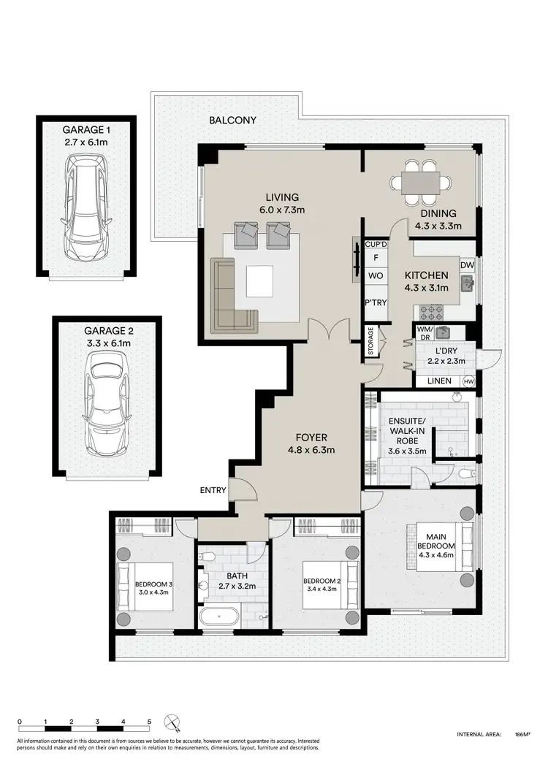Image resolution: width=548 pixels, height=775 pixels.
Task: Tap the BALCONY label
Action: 232,121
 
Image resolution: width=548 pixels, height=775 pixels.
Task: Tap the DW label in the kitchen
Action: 467,266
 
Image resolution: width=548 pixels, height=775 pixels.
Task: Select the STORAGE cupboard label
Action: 372,340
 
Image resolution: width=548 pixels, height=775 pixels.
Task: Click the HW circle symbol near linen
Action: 468,381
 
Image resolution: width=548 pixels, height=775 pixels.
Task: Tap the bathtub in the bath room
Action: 218,616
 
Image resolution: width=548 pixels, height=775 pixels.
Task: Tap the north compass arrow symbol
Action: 172,723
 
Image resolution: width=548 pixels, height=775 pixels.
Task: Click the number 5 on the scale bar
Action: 149,720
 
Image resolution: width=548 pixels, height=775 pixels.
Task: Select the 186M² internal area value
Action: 522,734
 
